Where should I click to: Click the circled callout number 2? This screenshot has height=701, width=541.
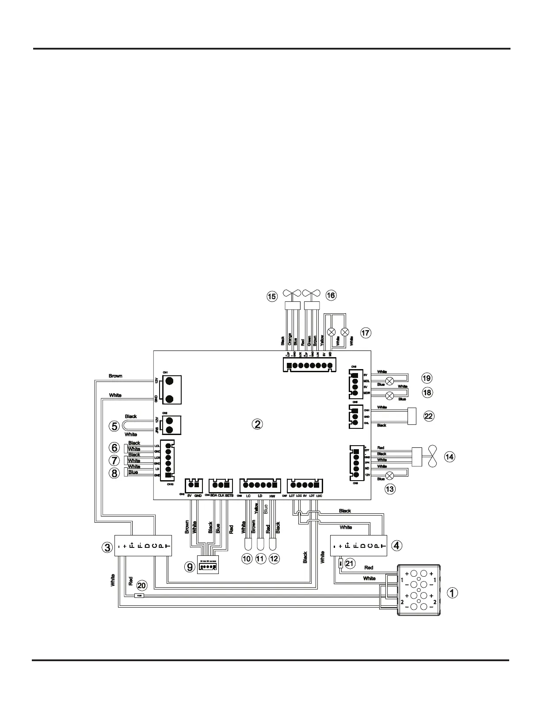(x=257, y=424)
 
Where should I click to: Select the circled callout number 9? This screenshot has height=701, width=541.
(x=190, y=566)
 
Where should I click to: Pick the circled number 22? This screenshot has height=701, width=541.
(x=429, y=416)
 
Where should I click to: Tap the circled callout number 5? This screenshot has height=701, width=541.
(x=114, y=426)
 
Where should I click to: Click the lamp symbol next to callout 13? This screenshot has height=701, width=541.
(x=390, y=476)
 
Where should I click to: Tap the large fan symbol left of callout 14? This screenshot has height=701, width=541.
(x=432, y=456)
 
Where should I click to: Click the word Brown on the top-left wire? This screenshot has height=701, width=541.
(x=115, y=376)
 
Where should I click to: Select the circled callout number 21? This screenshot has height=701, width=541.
(x=350, y=563)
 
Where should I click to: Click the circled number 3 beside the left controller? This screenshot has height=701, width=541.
(x=107, y=547)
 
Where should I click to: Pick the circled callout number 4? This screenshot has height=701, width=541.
(x=397, y=545)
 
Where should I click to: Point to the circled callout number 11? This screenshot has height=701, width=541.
(x=260, y=559)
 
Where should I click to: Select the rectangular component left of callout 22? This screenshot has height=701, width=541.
(x=412, y=416)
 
